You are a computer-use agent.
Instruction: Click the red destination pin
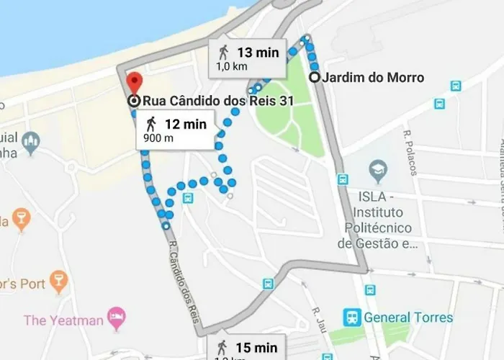tap(134, 82)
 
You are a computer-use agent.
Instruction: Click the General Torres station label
tap(408, 318)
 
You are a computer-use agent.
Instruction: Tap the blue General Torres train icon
tap(352, 317)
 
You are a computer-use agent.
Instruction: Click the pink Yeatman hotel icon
tap(116, 317)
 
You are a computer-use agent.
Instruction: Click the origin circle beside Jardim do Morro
tap(315, 78)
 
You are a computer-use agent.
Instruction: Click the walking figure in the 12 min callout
tap(150, 124)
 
